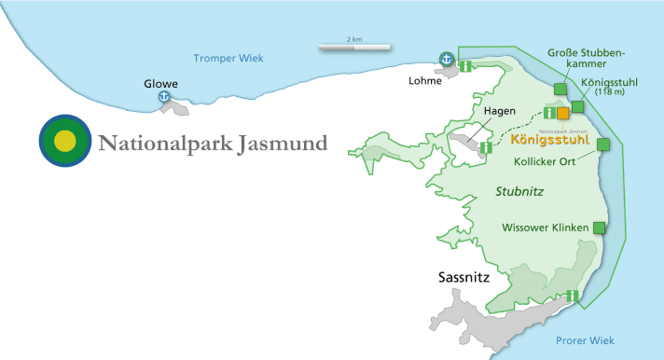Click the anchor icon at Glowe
pyautogui.click(x=164, y=96)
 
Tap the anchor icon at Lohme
pyautogui.click(x=447, y=59)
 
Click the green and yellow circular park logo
pyautogui.click(x=64, y=141)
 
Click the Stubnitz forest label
pyautogui.click(x=519, y=191)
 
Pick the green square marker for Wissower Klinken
pyautogui.click(x=599, y=227)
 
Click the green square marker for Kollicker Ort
pyautogui.click(x=603, y=144)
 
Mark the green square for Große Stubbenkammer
pyautogui.click(x=560, y=89)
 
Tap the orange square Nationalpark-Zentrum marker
pyautogui.click(x=563, y=113)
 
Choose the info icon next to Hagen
pyautogui.click(x=485, y=147)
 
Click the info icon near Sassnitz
pyautogui.click(x=571, y=296)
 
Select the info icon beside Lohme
pyautogui.click(x=462, y=66)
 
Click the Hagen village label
pyautogui.click(x=500, y=111)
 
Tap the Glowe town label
pyautogui.click(x=159, y=83)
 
